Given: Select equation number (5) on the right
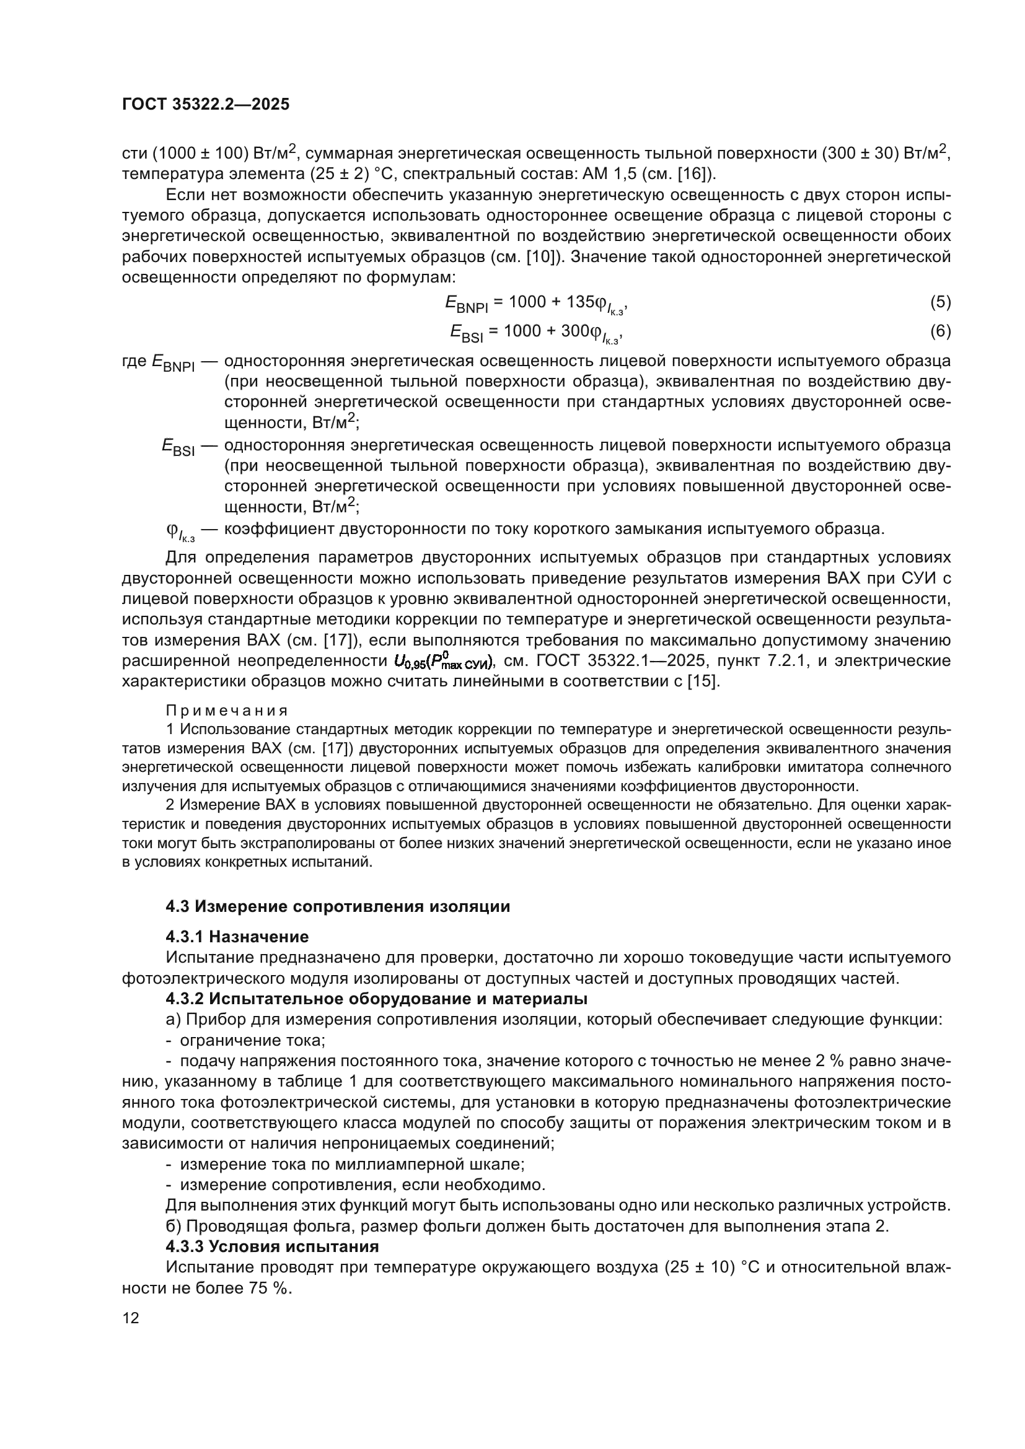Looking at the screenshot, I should [x=940, y=302].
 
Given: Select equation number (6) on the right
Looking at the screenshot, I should [x=940, y=331].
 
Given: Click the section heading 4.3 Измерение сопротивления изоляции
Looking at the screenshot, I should [x=338, y=907].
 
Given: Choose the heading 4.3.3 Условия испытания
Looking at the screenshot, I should [x=272, y=1246].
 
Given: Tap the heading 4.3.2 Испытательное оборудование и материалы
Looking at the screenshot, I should [x=376, y=999].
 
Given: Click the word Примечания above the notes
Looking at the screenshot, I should [x=227, y=711].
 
